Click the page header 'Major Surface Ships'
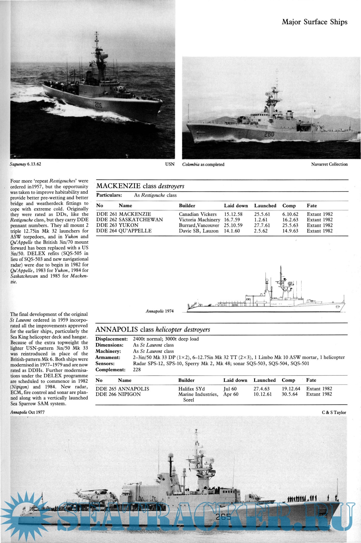(314, 22)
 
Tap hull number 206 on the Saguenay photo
(98, 105)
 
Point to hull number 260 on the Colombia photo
(269, 134)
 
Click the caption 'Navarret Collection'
(329, 164)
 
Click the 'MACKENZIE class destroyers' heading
(140, 186)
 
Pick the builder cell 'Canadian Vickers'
(198, 214)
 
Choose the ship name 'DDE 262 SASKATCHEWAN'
(130, 219)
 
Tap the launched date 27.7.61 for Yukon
(262, 225)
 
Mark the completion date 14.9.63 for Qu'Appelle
(290, 231)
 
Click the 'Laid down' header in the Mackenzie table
(236, 205)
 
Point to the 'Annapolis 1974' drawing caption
(160, 311)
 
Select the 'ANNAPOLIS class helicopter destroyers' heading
(153, 330)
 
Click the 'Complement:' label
(110, 370)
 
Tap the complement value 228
(137, 370)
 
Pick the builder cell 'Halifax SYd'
(191, 389)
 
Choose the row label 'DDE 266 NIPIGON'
(118, 394)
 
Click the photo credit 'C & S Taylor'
(334, 412)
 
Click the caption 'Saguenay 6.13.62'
(25, 164)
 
